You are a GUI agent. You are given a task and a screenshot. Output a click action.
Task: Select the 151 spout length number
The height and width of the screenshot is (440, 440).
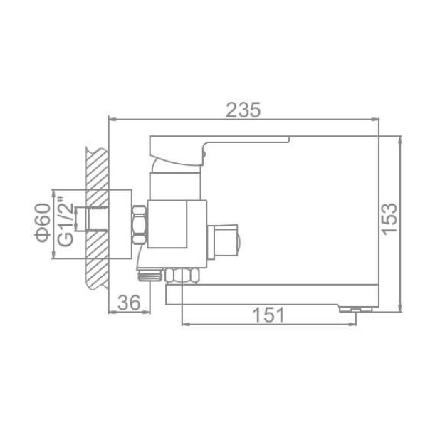pyautogui.click(x=268, y=314)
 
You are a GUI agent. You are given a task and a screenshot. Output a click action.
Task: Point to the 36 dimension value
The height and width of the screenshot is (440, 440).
pyautogui.click(x=128, y=302)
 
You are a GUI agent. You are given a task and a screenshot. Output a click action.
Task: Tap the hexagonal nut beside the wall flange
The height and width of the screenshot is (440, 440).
pyautogui.click(x=140, y=222)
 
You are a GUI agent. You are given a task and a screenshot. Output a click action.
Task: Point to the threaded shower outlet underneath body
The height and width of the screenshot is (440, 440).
pyautogui.click(x=148, y=273)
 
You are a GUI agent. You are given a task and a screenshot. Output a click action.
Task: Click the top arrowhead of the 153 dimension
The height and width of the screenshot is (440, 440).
pyautogui.click(x=399, y=139)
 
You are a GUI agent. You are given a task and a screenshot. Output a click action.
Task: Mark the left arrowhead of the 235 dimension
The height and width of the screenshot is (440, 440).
pyautogui.click(x=110, y=119)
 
